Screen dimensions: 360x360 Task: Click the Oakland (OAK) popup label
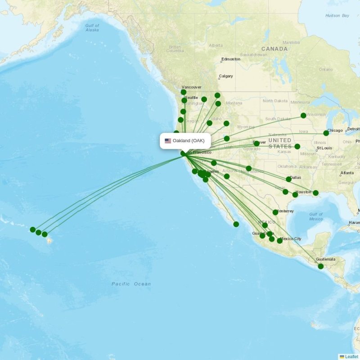click(188, 141)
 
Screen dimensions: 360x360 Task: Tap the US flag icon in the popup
click(168, 141)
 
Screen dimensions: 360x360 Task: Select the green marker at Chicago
click(326, 133)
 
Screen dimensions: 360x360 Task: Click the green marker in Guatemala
click(321, 266)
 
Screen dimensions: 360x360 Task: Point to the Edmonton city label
click(230, 59)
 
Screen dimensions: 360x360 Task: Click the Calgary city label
click(225, 76)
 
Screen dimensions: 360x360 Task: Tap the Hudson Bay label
click(337, 16)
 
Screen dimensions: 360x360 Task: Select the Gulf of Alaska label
click(92, 27)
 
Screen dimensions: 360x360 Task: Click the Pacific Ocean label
click(131, 284)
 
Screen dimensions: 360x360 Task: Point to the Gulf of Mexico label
click(316, 216)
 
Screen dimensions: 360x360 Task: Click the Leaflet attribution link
click(351, 356)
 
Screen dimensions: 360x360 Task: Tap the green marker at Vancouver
click(184, 92)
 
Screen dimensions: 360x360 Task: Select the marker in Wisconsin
click(304, 116)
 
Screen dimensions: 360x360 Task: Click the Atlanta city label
click(346, 173)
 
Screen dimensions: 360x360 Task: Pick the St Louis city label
click(324, 148)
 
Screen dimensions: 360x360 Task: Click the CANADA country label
click(274, 49)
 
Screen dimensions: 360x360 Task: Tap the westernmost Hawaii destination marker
click(33, 229)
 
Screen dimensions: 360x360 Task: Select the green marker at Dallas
click(289, 179)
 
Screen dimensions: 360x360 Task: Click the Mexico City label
click(291, 238)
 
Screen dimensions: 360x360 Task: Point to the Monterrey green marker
click(275, 212)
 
